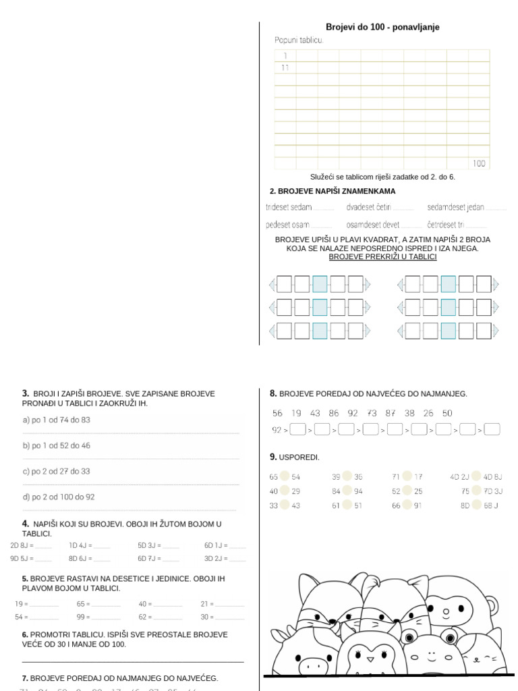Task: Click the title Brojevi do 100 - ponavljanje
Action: pos(382,27)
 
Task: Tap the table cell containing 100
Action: pos(478,163)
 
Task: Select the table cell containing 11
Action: pos(285,67)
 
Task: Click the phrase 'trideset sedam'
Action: pos(289,208)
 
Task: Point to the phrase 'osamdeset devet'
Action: pos(373,225)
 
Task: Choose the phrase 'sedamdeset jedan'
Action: pos(455,208)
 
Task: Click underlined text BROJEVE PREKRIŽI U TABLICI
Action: pos(382,257)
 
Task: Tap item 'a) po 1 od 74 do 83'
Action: pos(56,420)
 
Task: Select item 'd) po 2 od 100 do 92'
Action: pos(59,497)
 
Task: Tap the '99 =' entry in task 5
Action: pos(84,617)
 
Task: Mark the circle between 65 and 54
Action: pos(285,476)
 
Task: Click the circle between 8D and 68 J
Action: pos(476,505)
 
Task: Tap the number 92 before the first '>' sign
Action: pos(276,429)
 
